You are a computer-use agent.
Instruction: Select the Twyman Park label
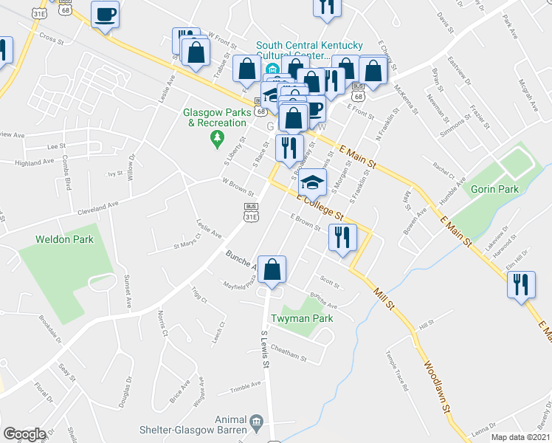point(302,318)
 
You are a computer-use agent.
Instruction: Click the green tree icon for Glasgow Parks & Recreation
point(217,137)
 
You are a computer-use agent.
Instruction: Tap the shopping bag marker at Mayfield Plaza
point(272,271)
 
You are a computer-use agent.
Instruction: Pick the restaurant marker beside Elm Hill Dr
point(522,284)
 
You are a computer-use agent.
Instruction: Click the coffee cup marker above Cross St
point(105,15)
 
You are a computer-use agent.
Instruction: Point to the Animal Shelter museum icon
point(256,422)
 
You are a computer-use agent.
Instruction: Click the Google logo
point(24,434)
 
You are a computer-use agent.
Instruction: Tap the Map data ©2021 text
point(520,437)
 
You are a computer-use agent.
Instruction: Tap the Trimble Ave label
point(246,384)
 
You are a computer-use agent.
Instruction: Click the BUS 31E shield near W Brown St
point(251,215)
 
